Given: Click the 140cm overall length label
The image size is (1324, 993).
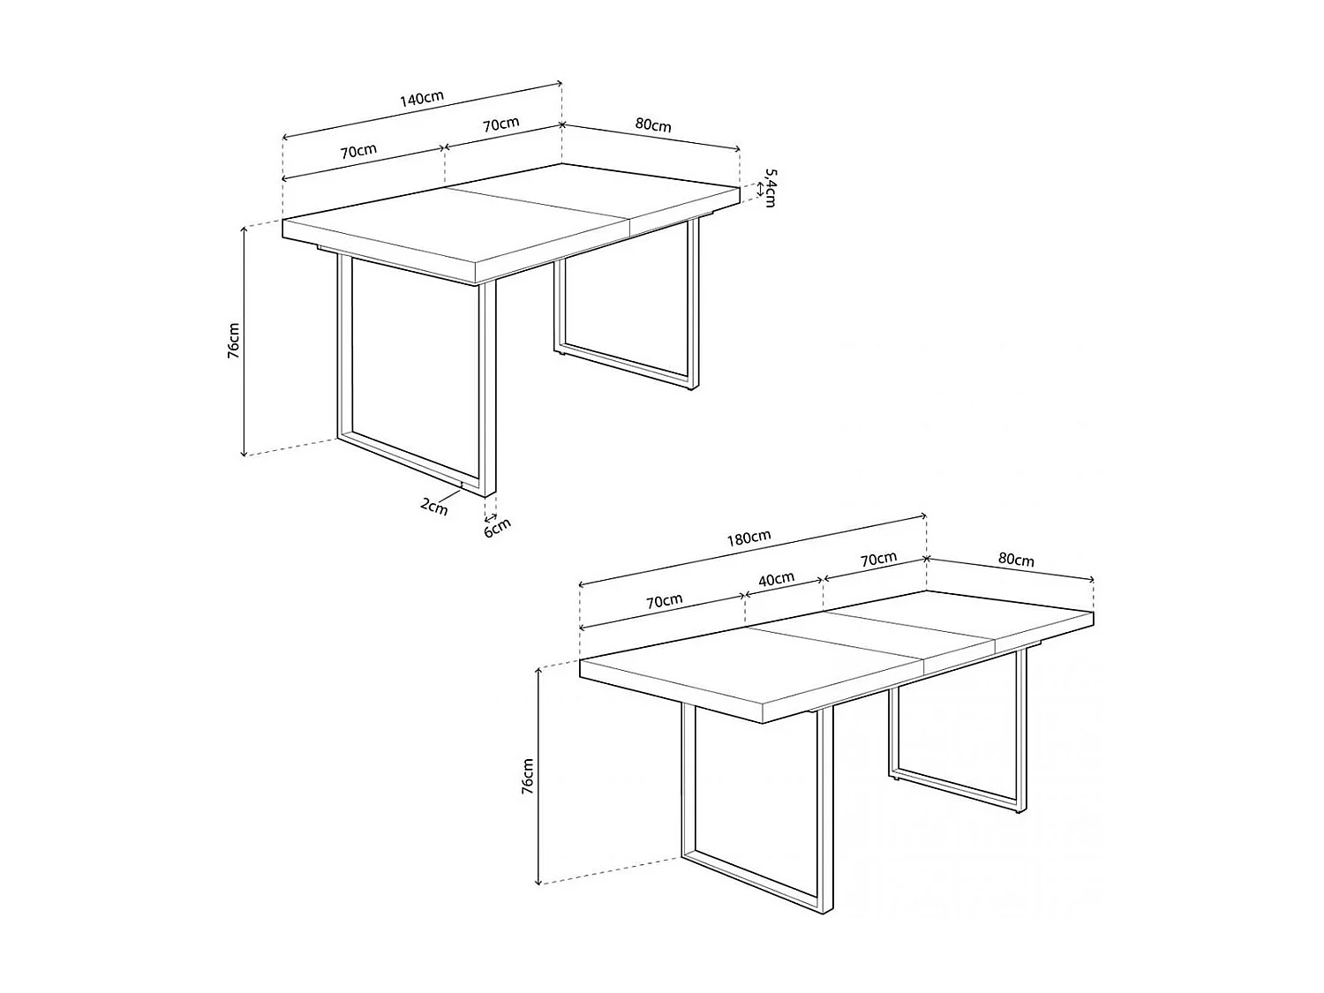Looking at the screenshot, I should [x=421, y=98].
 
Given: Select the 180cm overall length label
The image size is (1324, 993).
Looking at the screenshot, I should [x=749, y=538].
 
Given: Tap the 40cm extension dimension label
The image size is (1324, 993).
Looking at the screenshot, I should [x=777, y=580].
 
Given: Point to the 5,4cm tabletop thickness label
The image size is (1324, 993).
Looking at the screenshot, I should [x=770, y=187].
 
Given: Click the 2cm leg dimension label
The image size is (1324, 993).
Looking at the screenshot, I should [x=433, y=506].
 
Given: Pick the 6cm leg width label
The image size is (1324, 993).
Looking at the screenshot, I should [x=497, y=527].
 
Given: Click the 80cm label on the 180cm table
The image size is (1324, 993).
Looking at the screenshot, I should [x=1015, y=560].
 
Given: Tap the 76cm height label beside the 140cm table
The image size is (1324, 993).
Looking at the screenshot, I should [x=233, y=340].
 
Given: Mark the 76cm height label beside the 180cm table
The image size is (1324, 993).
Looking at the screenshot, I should [x=528, y=777].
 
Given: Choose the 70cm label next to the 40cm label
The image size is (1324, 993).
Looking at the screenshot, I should [x=665, y=601].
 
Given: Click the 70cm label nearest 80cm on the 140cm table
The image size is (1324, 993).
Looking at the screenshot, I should [x=500, y=124].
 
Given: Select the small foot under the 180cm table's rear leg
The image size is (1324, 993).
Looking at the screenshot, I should [x=896, y=779].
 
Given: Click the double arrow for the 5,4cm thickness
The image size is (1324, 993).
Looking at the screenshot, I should [x=760, y=189].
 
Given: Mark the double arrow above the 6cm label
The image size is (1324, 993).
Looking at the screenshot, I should [x=492, y=517].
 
